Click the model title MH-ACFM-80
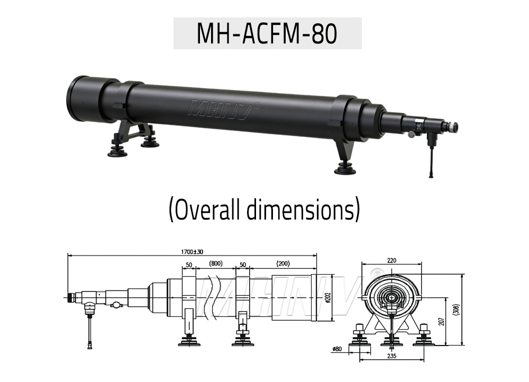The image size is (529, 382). coord(267,33)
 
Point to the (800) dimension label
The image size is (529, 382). coord(215,263)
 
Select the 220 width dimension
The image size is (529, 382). coord(391,260)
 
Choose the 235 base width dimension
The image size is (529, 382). coord(392,357)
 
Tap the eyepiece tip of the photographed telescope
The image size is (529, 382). coord(453,127)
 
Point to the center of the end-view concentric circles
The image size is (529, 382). coord(391,297)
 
